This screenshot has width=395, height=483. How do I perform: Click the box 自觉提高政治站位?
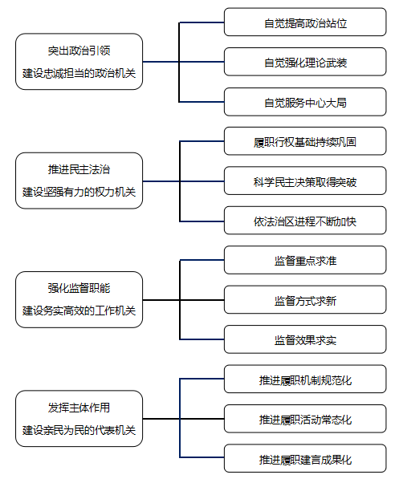pyautogui.click(x=305, y=22)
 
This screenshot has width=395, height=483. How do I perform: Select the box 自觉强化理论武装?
pyautogui.click(x=305, y=62)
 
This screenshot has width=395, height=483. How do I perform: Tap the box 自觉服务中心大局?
pyautogui.click(x=305, y=102)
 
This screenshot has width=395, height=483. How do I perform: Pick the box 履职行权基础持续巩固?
pyautogui.click(x=305, y=141)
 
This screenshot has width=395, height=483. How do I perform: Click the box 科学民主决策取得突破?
pyautogui.click(x=305, y=181)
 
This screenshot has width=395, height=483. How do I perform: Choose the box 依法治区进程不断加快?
pyautogui.click(x=305, y=221)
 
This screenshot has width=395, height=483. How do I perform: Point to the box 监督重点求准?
pyautogui.click(x=305, y=260)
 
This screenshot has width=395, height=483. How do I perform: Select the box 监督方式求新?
pyautogui.click(x=305, y=300)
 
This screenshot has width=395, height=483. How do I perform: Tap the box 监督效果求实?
pyautogui.click(x=305, y=339)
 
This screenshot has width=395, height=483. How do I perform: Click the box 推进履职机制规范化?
pyautogui.click(x=305, y=379)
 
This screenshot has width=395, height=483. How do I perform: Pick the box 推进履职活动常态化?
pyautogui.click(x=305, y=419)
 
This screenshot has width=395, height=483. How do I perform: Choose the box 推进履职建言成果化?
pyautogui.click(x=305, y=459)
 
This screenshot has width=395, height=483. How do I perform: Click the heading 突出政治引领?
pyautogui.click(x=79, y=51)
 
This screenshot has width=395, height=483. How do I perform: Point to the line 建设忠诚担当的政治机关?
pyautogui.click(x=79, y=73)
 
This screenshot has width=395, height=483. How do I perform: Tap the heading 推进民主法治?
pyautogui.click(x=79, y=169)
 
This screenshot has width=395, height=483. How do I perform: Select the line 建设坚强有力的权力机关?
pyautogui.click(x=79, y=193)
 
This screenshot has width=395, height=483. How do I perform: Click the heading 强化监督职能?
pyautogui.click(x=79, y=288)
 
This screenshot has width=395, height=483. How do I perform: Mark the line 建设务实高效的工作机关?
pyautogui.click(x=79, y=310)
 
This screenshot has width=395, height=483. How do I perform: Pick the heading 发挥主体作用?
pyautogui.click(x=79, y=408)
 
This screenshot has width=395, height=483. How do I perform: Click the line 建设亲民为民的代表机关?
pyautogui.click(x=79, y=430)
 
